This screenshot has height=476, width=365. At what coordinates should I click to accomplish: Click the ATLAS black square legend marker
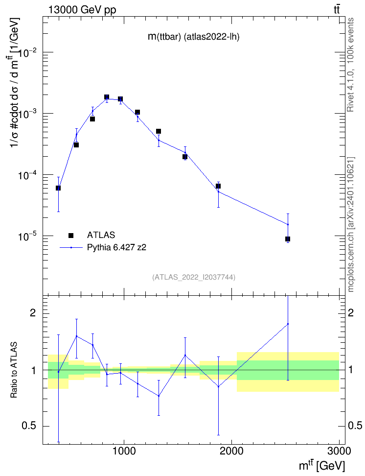pyautogui.click(x=71, y=235)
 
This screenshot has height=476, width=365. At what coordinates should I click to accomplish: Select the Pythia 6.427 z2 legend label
pyautogui.click(x=116, y=247)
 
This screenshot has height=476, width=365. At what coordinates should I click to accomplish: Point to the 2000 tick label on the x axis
pyautogui.click(x=231, y=451)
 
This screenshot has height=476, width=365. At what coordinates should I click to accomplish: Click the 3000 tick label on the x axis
pyautogui.click(x=339, y=451)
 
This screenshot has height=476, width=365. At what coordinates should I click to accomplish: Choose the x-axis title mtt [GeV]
pyautogui.click(x=322, y=465)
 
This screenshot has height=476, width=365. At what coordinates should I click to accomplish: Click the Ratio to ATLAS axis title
pyautogui.click(x=14, y=370)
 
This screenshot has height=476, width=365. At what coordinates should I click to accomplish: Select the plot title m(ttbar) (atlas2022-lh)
pyautogui.click(x=194, y=37)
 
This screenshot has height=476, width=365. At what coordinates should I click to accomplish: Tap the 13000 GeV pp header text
pyautogui.click(x=82, y=10)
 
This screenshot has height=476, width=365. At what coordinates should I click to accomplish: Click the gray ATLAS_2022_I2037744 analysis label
pyautogui.click(x=194, y=277)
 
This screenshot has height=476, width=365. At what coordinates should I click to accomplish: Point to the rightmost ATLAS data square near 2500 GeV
pyautogui.click(x=288, y=239)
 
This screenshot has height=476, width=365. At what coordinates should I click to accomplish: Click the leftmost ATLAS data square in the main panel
pyautogui.click(x=58, y=188)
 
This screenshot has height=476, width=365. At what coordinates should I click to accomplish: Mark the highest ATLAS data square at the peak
pyautogui.click(x=107, y=97)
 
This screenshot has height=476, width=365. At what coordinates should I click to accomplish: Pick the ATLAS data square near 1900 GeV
pyautogui.click(x=218, y=186)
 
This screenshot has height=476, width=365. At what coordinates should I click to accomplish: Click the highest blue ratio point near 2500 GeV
pyautogui.click(x=288, y=324)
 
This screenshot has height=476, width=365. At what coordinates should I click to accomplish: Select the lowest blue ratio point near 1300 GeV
pyautogui.click(x=159, y=396)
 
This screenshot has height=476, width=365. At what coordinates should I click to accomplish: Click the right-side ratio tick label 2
pyautogui.click(x=351, y=312)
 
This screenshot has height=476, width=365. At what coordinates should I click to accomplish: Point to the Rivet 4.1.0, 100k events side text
pyautogui.click(x=350, y=65)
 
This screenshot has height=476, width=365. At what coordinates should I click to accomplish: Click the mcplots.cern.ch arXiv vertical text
pyautogui.click(x=351, y=224)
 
